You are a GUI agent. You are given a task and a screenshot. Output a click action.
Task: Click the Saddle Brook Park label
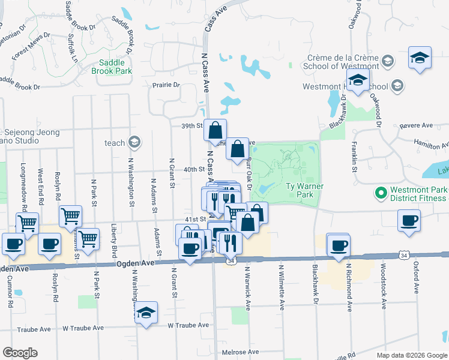(x=111, y=67)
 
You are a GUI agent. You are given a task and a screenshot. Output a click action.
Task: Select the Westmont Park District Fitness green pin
(x=379, y=193)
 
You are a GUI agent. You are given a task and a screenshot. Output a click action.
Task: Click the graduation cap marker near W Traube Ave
(x=146, y=313)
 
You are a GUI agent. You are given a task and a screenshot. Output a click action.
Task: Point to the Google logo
(x=20, y=353)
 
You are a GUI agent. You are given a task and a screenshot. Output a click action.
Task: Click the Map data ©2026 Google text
(x=412, y=355)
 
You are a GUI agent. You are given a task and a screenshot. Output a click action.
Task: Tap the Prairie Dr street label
(x=166, y=85)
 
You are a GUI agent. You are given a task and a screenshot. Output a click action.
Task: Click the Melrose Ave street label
(x=240, y=352)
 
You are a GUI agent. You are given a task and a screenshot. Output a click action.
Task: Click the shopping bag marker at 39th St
(x=215, y=130)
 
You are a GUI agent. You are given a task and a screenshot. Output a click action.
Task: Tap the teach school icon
(x=134, y=143)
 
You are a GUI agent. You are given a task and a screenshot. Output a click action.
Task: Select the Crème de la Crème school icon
(x=387, y=61)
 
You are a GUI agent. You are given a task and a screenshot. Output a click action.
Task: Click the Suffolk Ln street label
(x=72, y=49)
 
